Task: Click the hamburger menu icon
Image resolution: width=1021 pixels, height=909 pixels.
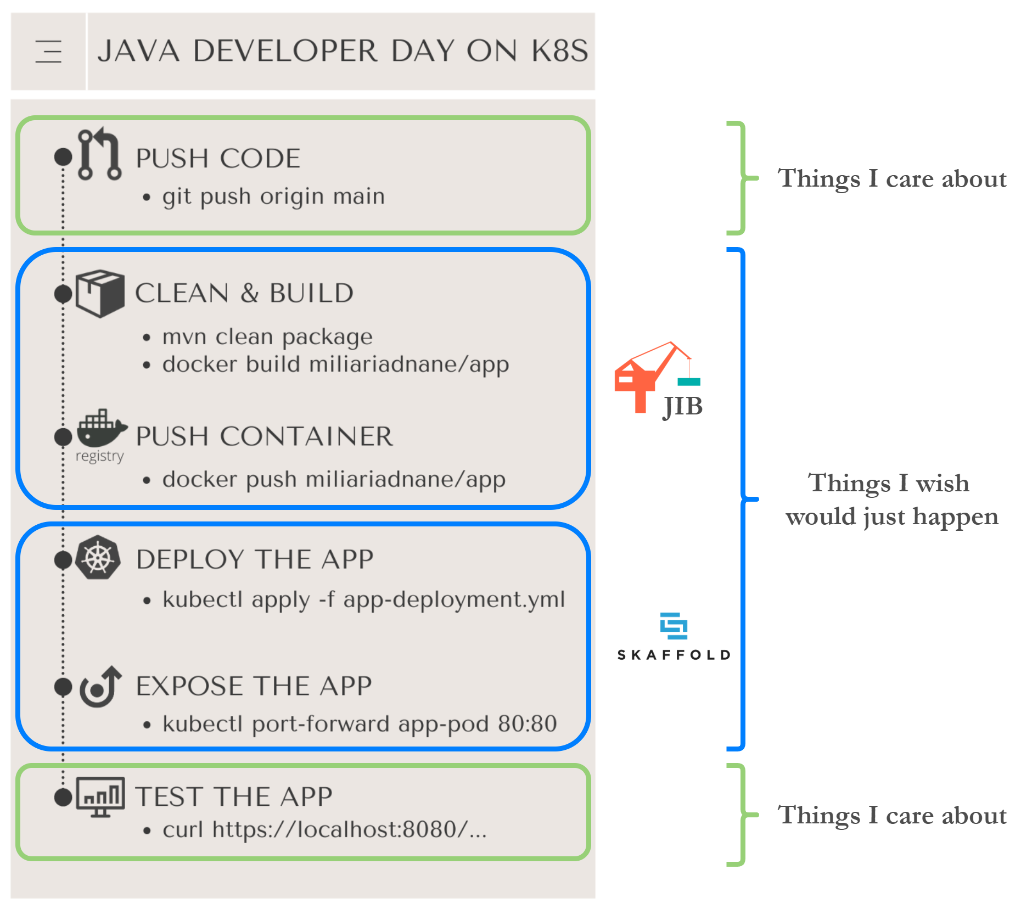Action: click(48, 52)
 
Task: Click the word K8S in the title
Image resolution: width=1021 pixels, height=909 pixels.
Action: click(559, 51)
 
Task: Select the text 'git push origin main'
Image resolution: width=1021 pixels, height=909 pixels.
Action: click(273, 197)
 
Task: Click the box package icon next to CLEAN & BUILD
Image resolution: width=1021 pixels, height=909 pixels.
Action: click(100, 293)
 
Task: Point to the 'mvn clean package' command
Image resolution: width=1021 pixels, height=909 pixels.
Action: click(267, 336)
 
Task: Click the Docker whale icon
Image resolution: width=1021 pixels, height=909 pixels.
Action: click(101, 428)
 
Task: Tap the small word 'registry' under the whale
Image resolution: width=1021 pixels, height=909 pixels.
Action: click(99, 456)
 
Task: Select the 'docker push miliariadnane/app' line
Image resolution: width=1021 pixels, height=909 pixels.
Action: click(334, 479)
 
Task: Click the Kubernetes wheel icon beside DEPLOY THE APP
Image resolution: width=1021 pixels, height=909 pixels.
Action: click(98, 558)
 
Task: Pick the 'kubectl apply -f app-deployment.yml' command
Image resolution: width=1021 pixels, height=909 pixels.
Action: click(363, 599)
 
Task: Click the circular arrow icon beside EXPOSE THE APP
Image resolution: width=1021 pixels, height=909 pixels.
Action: click(99, 687)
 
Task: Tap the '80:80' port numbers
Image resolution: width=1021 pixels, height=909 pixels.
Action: click(527, 723)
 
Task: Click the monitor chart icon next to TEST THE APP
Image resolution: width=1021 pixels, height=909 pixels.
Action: click(100, 796)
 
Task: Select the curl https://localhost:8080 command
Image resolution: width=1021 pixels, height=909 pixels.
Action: click(324, 829)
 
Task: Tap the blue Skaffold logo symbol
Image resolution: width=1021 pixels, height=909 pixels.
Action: click(674, 626)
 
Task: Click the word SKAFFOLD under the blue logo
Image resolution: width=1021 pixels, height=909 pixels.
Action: click(674, 655)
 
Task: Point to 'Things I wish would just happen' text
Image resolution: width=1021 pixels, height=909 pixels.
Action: click(891, 500)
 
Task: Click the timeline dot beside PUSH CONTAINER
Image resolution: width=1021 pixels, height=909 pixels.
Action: click(63, 437)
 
